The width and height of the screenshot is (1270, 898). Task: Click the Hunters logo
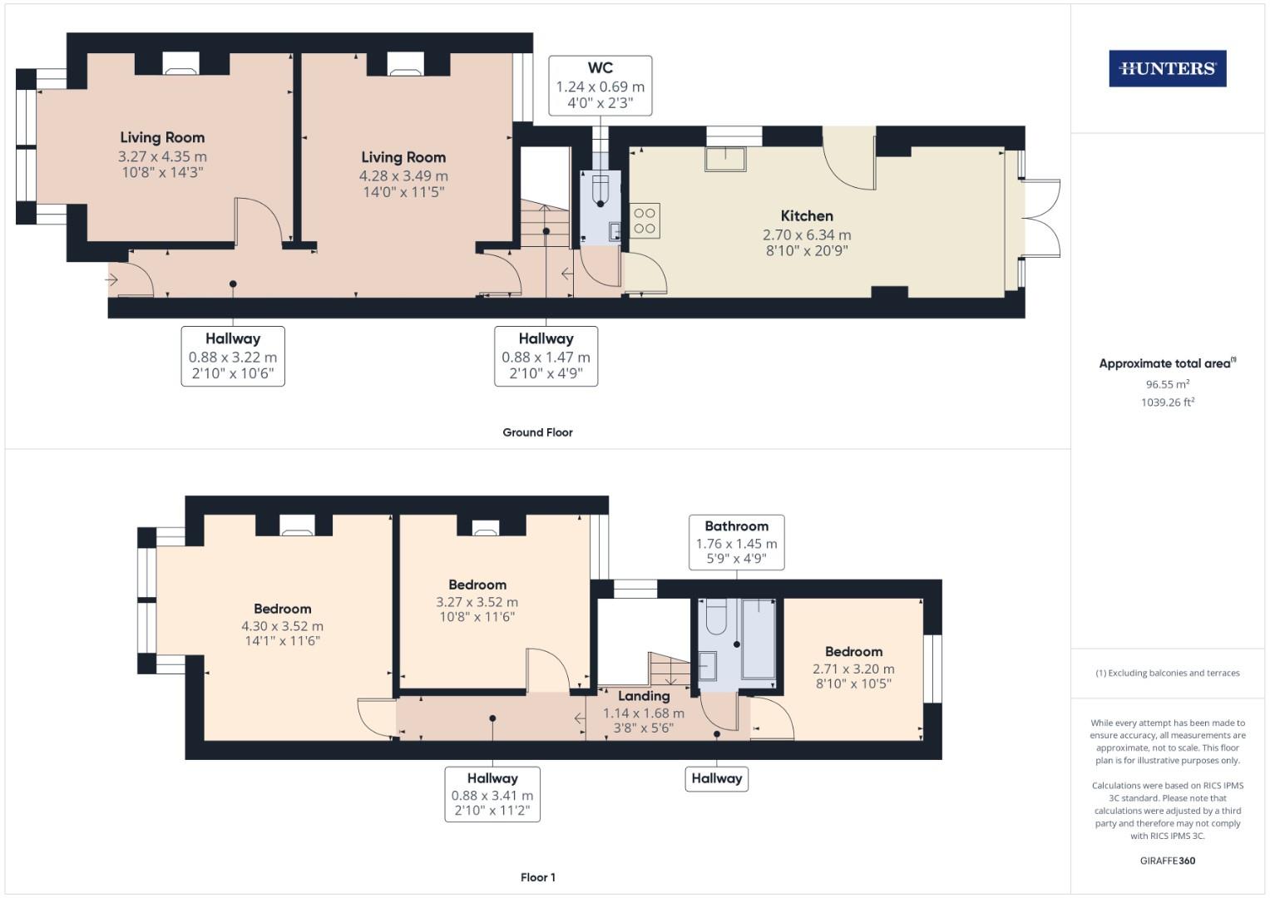pyautogui.click(x=1168, y=68)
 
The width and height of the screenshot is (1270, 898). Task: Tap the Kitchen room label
pyautogui.click(x=807, y=216)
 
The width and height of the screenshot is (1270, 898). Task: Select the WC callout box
pyautogui.click(x=600, y=86)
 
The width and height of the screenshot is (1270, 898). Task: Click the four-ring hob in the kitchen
pyautogui.click(x=645, y=220)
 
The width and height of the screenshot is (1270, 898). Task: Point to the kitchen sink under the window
pyautogui.click(x=725, y=160)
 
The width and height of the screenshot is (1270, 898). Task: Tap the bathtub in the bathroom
pyautogui.click(x=759, y=639)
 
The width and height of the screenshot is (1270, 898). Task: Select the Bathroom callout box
pyautogui.click(x=737, y=542)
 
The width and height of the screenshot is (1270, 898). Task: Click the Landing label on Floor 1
pyautogui.click(x=644, y=696)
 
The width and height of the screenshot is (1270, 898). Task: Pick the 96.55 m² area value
pyautogui.click(x=1168, y=384)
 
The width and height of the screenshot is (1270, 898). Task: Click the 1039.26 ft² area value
pyautogui.click(x=1168, y=402)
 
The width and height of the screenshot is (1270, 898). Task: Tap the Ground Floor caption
pyautogui.click(x=537, y=432)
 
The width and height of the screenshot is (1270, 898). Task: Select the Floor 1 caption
pyautogui.click(x=538, y=877)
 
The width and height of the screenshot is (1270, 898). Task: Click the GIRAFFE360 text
pyautogui.click(x=1168, y=861)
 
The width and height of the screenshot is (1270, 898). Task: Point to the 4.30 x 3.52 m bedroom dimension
pyautogui.click(x=282, y=626)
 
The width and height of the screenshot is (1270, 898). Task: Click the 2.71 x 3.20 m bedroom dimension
pyautogui.click(x=853, y=669)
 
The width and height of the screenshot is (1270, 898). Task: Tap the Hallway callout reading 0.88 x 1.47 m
pyautogui.click(x=546, y=356)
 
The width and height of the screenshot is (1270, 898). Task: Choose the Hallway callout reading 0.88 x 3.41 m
pyautogui.click(x=492, y=794)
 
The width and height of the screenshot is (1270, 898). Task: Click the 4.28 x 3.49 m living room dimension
pyautogui.click(x=403, y=175)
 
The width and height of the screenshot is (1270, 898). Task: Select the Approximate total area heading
pyautogui.click(x=1168, y=363)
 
